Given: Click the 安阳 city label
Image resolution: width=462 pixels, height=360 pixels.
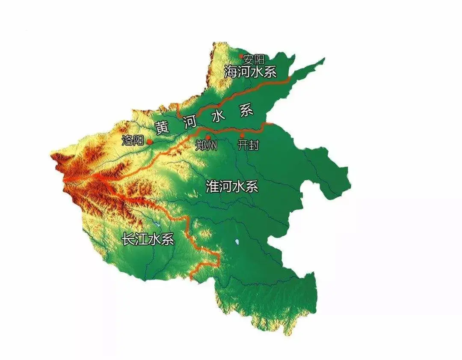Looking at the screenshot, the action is tap(254, 59).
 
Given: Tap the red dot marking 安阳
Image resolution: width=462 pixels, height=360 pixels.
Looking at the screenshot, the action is tap(241, 56).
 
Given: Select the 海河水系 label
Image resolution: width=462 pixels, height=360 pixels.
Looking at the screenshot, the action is tap(250, 72).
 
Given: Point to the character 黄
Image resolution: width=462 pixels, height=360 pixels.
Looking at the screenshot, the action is tap(162, 128).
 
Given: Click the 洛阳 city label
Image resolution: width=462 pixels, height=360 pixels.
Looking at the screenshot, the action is tap(133, 140).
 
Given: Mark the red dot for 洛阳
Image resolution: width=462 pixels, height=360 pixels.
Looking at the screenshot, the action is tap(149, 141).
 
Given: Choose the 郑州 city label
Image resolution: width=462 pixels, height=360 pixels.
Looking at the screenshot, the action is tap(207, 146).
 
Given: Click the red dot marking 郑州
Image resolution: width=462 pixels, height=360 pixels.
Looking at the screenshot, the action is tap(208, 137).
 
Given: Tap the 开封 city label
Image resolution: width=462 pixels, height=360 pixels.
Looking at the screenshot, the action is tap(248, 145).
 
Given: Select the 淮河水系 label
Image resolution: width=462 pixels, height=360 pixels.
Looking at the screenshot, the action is tap(232, 187).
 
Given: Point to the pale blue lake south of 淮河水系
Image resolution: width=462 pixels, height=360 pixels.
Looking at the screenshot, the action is tap(237, 243).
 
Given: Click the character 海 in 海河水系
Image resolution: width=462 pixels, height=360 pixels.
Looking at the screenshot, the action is tap(231, 72).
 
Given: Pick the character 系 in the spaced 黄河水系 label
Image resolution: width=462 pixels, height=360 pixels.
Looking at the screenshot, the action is tap(246, 111).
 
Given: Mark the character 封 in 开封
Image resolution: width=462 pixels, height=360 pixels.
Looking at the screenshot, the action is tap(254, 145).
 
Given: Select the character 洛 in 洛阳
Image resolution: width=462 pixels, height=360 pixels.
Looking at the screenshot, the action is tap(127, 140).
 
